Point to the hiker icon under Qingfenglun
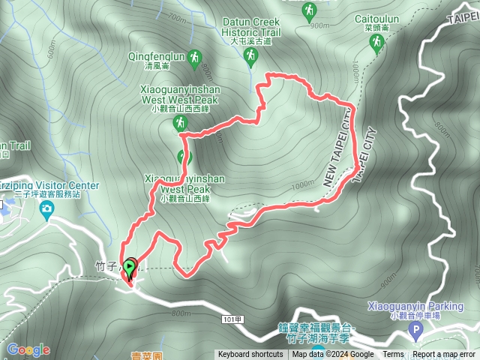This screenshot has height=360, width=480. (x=195, y=58)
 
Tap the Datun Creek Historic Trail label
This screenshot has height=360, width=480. (x=251, y=27)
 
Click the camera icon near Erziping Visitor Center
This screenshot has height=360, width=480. (x=47, y=208)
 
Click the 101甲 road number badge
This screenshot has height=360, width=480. (x=233, y=319)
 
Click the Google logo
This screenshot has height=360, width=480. (x=28, y=349)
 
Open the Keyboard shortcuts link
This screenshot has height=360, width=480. (x=250, y=355)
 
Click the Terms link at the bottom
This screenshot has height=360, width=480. (x=393, y=355)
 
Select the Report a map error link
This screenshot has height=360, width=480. (x=444, y=355)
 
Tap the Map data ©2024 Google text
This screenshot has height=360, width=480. (x=333, y=355)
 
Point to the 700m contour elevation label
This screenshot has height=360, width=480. (x=177, y=16)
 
